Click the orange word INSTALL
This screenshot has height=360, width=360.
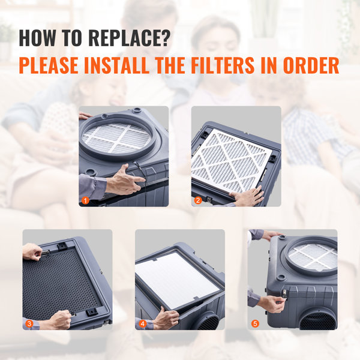133,65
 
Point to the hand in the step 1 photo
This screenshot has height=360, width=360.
123,181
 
